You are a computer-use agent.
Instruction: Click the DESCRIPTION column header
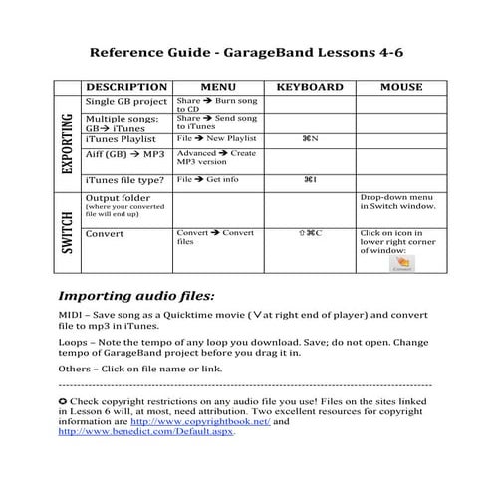coord(126,87)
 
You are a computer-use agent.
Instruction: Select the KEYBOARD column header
coord(309,87)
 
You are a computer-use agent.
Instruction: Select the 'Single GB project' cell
coord(126,102)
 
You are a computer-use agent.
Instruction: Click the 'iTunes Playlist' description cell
coord(121,138)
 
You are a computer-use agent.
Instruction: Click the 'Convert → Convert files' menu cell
coord(214,237)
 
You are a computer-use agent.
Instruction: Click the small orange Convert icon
coord(402,263)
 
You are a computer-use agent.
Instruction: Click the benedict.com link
coord(146,433)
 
